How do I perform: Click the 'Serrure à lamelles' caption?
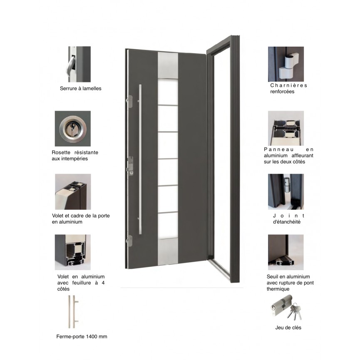point(80,88)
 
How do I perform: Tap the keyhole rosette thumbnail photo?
point(72,129)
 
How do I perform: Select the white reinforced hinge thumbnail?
point(286,64)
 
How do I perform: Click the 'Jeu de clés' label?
point(288,328)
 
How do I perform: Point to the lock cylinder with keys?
point(286,308)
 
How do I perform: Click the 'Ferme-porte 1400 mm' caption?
point(82,337)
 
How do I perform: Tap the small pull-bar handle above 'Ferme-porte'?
point(73,312)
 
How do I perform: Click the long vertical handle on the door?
point(140,159)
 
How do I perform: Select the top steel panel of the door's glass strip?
point(168,65)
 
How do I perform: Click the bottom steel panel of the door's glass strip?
point(168,252)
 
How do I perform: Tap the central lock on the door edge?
point(130,166)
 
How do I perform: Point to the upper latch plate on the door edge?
point(129,102)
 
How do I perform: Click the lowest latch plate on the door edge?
point(129,241)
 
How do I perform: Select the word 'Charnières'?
point(288,85)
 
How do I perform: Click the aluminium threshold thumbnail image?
point(286,252)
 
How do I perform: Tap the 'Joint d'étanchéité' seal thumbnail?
point(286,192)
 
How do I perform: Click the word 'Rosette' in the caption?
point(61,152)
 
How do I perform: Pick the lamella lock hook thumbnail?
point(79,64)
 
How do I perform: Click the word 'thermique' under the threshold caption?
point(278,289)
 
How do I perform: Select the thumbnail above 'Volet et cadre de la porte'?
point(73,192)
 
